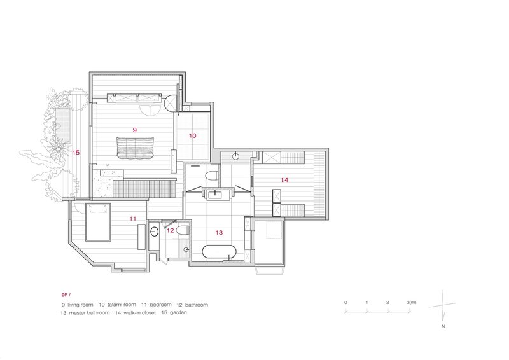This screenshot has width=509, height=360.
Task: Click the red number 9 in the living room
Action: [x=135, y=130]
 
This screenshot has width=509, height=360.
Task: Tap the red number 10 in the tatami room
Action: [x=193, y=135]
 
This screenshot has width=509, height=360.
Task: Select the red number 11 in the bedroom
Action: [x=133, y=219]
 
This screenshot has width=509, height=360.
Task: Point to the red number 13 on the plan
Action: [x=220, y=233]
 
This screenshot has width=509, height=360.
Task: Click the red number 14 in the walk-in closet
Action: [x=284, y=181]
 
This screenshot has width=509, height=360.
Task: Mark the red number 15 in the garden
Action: [x=76, y=153]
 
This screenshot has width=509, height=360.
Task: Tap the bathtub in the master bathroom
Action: [x=220, y=251]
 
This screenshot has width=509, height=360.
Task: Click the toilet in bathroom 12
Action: [x=182, y=230]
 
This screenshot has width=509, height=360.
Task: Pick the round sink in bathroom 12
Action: [x=153, y=232]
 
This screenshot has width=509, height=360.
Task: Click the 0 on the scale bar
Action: [x=345, y=302]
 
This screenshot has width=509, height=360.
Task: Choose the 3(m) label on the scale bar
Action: [x=410, y=302]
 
